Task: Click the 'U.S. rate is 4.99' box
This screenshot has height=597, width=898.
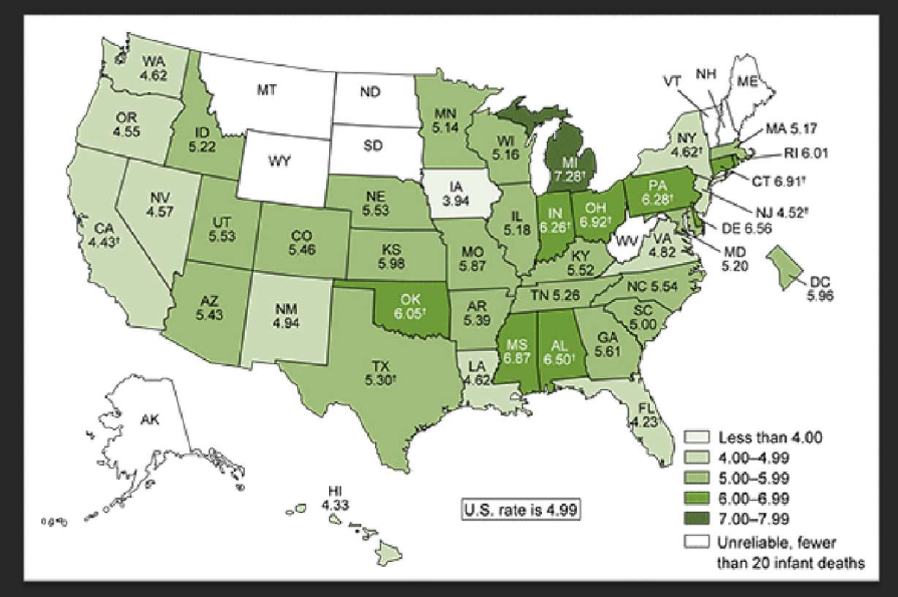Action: tap(521, 508)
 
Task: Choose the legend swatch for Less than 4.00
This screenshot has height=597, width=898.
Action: tap(698, 438)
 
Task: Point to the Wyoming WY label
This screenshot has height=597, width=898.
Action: tap(277, 161)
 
